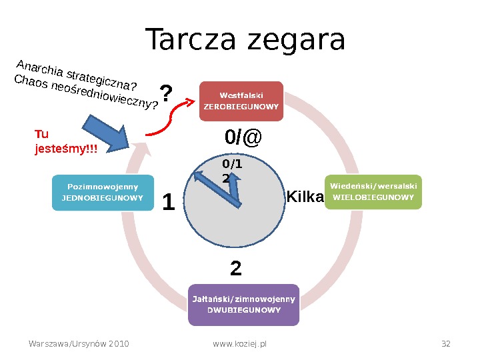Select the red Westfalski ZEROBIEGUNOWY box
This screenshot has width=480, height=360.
(x=241, y=101)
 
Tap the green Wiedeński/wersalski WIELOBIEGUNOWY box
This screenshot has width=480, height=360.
(x=373, y=192)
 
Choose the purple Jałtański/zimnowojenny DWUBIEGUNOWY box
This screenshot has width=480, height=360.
(x=243, y=305)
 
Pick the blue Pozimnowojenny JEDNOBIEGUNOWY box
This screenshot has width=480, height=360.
(x=103, y=193)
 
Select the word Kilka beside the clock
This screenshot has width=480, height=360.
(x=305, y=197)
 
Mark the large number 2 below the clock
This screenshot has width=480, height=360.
(x=235, y=269)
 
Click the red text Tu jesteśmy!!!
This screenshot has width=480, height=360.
(x=65, y=141)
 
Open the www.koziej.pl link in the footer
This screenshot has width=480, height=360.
(x=239, y=344)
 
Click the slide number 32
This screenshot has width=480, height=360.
(x=446, y=344)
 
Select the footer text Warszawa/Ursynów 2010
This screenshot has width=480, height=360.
(x=79, y=344)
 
